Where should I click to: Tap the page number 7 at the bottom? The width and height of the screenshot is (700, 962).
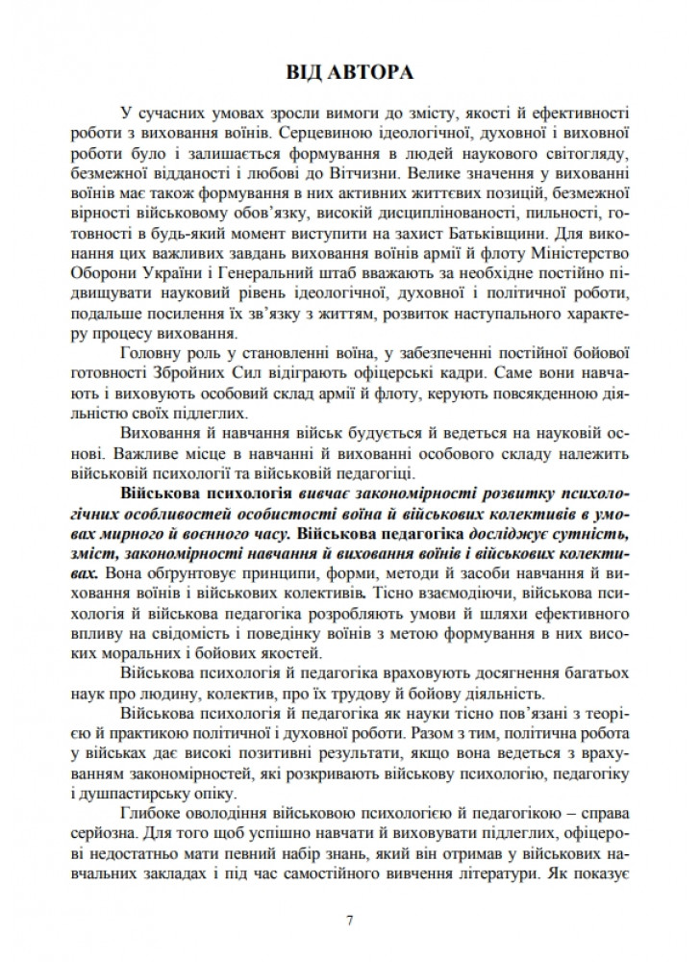pos(349,921)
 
